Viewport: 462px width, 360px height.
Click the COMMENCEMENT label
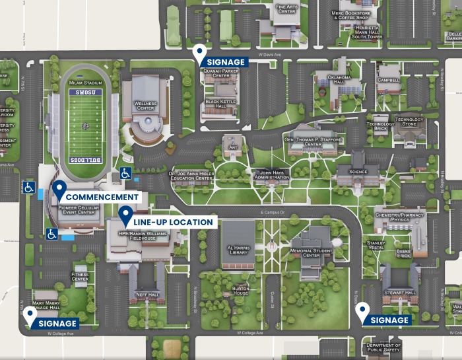[102, 197]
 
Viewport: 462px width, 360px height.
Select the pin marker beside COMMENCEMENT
[59, 190]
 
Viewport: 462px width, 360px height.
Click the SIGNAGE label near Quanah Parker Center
[225, 62]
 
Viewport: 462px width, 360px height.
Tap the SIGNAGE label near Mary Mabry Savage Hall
[57, 324]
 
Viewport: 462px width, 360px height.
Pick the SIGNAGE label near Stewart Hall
[389, 320]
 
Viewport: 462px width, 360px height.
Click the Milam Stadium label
[84, 83]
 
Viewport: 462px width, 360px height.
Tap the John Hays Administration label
[271, 174]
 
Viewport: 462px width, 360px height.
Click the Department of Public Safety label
[384, 348]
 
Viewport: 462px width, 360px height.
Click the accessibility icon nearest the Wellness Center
[125, 173]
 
